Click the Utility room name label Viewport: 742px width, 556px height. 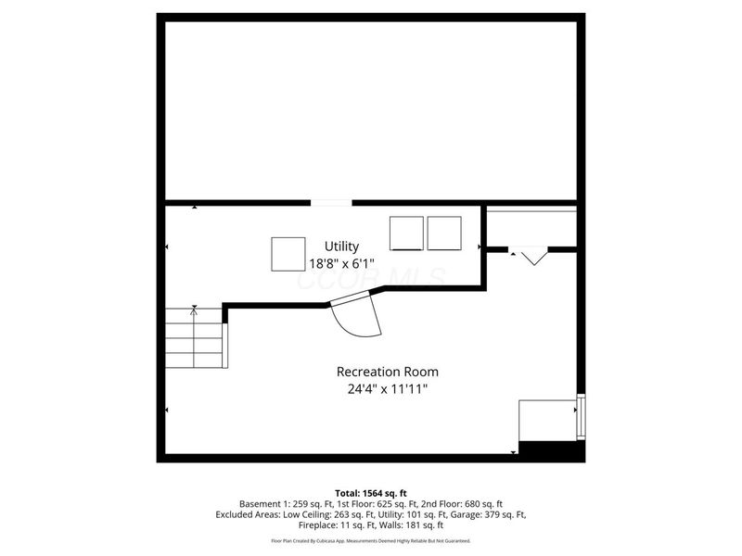[x=342, y=246]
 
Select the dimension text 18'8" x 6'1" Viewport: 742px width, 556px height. [x=342, y=262]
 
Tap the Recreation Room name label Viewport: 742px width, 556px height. [x=387, y=371]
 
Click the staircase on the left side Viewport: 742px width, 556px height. [x=194, y=338]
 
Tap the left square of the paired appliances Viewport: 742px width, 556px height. [x=406, y=233]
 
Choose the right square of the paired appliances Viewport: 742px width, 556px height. [x=444, y=233]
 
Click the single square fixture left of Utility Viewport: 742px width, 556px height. [x=288, y=254]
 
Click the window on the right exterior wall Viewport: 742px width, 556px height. [x=582, y=417]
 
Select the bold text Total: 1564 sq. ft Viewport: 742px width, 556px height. [x=370, y=492]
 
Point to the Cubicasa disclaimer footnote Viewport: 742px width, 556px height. [x=370, y=540]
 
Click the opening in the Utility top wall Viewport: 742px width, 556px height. [x=331, y=202]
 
